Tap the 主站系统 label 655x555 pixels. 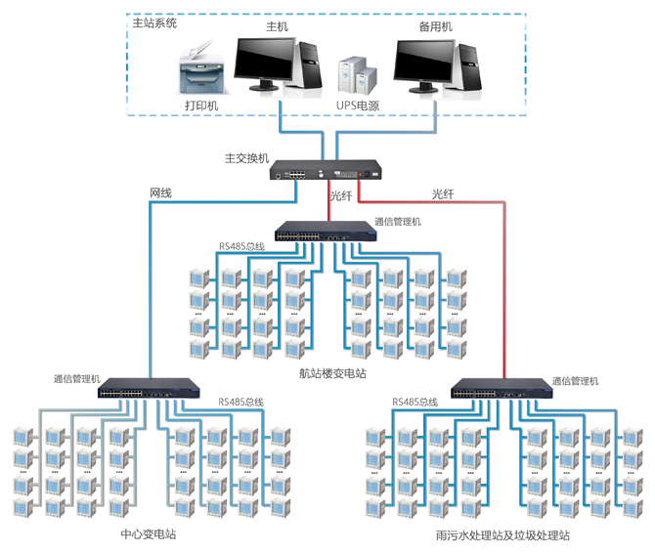point(154,21)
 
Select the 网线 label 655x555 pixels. point(160,193)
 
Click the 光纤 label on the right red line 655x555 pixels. point(443,194)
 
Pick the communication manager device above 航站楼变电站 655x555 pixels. point(323,232)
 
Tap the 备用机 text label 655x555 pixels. point(434,27)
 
